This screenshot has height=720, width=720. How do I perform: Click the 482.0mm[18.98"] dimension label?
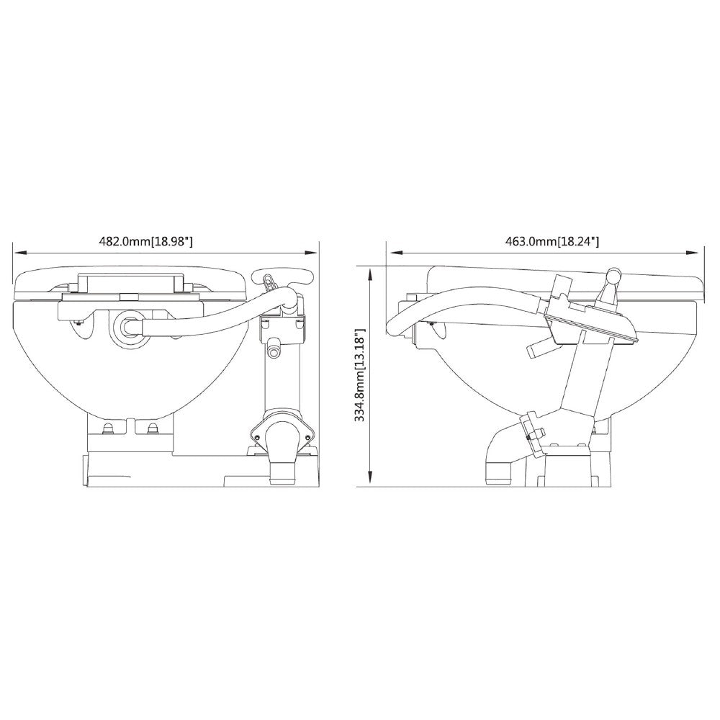click(145, 241)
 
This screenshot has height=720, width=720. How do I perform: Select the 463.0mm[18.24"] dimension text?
click(552, 241)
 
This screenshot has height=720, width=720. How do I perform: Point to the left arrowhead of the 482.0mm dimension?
click(20, 252)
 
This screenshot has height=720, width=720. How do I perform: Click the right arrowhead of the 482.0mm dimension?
click(312, 252)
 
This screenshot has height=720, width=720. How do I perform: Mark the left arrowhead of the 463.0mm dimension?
click(396, 252)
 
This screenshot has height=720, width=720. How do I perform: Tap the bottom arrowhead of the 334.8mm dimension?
click(370, 480)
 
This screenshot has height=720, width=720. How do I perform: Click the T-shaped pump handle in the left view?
click(283, 277)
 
